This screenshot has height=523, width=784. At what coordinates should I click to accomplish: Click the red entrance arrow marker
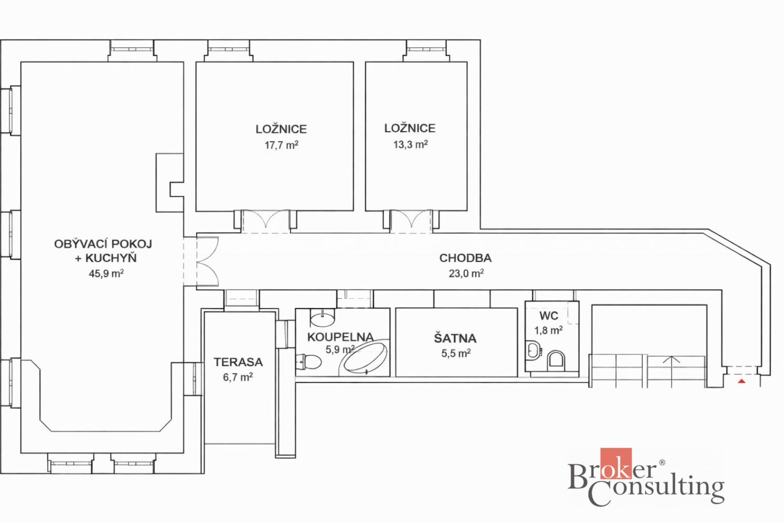742,382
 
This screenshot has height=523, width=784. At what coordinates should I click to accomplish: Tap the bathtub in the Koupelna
364,358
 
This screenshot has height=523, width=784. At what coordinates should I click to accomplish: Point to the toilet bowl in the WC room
556,360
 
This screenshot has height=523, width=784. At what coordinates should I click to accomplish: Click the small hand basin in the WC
533,350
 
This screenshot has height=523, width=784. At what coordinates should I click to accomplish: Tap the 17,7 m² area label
281,145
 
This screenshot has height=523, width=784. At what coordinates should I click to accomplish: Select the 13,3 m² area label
410,144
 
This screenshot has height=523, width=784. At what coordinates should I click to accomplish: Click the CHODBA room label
465,258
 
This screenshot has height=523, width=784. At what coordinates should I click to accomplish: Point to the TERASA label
238,362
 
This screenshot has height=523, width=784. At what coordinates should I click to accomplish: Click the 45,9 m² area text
106,273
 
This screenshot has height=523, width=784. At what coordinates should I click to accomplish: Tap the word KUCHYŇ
111,257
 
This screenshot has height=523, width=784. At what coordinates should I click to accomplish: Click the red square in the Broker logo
616,463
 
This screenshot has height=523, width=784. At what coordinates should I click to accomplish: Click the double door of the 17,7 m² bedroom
266,221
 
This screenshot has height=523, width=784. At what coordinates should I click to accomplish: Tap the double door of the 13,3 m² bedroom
411,221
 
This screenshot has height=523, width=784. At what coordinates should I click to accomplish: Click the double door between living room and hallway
208,261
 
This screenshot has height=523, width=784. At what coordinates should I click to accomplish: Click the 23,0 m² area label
466,273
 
